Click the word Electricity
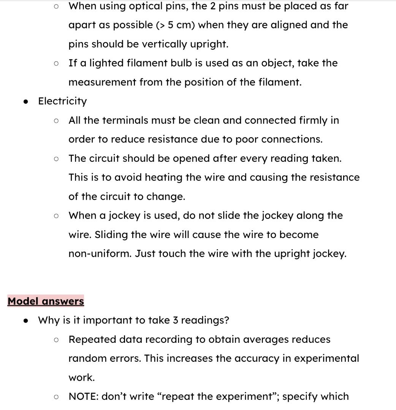point(62,101)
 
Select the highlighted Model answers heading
point(46,301)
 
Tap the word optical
point(138,6)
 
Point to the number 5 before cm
point(171,25)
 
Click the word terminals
point(127,120)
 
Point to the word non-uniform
point(100,254)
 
